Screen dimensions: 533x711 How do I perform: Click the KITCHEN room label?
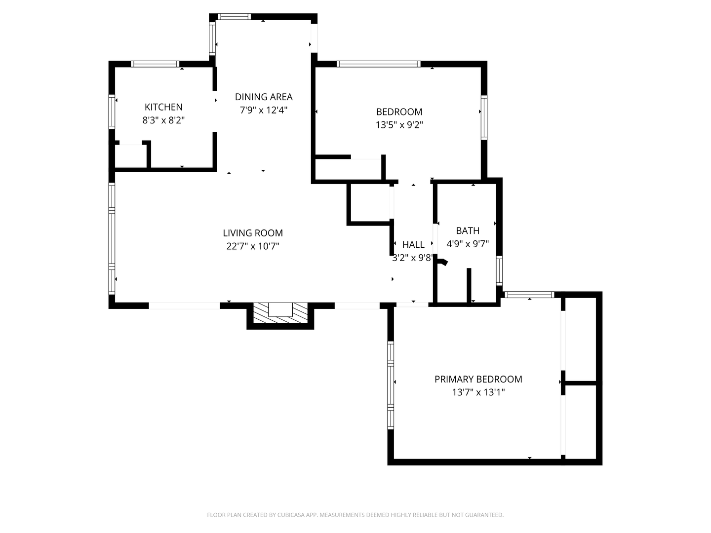pos(163,107)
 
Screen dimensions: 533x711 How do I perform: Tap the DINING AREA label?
pos(264,97)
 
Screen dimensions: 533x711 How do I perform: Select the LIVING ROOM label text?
pos(253,233)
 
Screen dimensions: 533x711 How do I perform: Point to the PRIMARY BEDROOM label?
pos(478,379)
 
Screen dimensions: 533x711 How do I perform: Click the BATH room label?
pos(468,230)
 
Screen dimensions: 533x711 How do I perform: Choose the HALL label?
pos(413,244)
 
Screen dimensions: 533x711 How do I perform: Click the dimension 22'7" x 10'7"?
pos(253,246)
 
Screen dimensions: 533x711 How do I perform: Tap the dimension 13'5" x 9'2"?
pos(399,125)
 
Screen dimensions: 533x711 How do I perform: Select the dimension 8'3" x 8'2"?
pos(163,120)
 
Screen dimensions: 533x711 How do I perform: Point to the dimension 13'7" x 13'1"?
pos(478,392)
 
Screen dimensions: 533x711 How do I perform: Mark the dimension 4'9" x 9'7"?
pos(468,243)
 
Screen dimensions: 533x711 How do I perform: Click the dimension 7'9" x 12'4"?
pos(264,110)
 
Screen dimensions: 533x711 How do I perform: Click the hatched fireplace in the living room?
pos(280,314)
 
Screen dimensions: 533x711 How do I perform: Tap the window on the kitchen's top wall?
pos(155,64)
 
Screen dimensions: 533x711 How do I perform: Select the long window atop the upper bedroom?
pos(378,64)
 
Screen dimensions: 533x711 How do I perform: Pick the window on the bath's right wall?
pos(499,271)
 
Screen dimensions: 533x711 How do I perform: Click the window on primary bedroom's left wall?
pos(391,384)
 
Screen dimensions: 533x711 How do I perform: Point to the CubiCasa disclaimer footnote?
pos(355,515)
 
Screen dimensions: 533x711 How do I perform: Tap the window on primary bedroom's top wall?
pos(529,295)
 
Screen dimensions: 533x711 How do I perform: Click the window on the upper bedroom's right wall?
pos(484,117)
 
